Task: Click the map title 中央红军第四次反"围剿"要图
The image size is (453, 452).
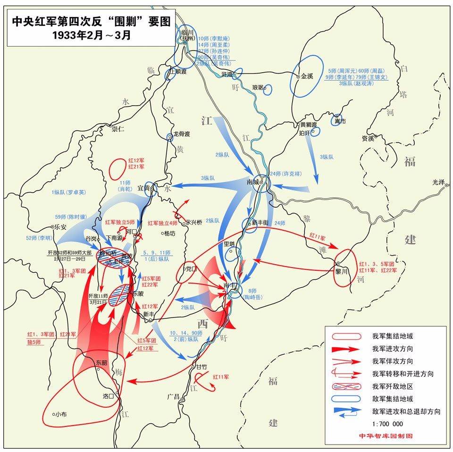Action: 91,22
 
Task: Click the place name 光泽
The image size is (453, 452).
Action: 438,182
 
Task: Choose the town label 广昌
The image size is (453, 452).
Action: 173,396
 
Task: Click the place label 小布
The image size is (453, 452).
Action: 60,414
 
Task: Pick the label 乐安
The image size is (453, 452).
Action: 61,226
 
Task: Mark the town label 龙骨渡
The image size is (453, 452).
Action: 181,134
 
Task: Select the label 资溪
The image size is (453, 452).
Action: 368,138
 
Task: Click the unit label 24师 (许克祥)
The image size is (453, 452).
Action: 285,174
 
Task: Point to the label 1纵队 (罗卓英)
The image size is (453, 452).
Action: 69,192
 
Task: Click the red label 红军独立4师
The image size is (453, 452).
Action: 163,223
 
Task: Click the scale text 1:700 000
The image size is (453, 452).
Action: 387,424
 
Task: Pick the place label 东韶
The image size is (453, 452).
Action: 101,363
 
